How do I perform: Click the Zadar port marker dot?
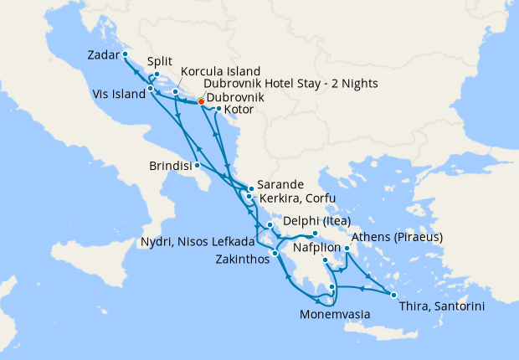tap(125, 54)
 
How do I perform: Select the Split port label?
tap(160, 61)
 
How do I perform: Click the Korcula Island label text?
tap(220, 71)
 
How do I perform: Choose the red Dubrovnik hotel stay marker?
tap(201, 102)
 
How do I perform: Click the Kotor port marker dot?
tap(218, 109)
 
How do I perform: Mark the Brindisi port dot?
tap(197, 165)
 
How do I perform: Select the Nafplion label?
tap(317, 249)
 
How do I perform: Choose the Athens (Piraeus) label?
tap(397, 237)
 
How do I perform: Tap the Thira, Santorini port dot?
tap(393, 295)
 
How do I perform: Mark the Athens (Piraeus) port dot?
tap(347, 248)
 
